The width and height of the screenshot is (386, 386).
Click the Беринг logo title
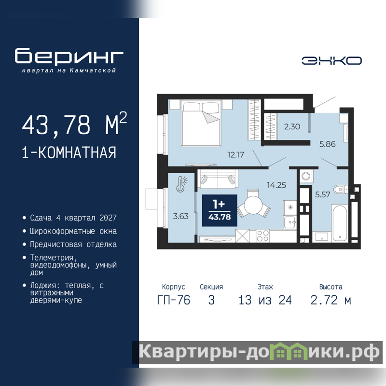[69, 55]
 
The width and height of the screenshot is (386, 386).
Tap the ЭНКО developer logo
[331, 61]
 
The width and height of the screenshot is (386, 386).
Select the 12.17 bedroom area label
[235, 155]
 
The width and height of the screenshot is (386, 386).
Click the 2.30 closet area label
[292, 126]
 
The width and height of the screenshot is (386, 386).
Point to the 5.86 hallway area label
[328, 144]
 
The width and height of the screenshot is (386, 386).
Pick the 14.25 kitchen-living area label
[276, 185]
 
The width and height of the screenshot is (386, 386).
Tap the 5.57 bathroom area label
[322, 195]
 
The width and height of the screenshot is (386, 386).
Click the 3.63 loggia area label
[180, 216]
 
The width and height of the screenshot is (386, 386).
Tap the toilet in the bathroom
[341, 189]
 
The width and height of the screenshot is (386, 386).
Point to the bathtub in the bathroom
[340, 223]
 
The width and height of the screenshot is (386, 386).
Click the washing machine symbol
[306, 176]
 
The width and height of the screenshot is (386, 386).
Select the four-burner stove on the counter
[262, 235]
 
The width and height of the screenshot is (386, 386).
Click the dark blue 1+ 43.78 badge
[220, 210]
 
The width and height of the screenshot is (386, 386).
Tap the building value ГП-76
[174, 300]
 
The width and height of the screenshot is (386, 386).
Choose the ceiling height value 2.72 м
[331, 300]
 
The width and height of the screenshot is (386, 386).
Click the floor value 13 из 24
[265, 300]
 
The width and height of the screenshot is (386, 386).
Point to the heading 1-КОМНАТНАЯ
[69, 152]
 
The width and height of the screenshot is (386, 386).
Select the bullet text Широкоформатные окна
[73, 232]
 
